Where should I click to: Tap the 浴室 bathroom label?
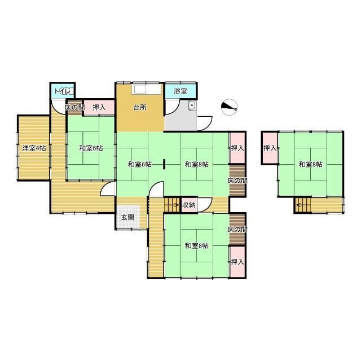click(180, 91)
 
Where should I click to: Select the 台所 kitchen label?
click(140, 107)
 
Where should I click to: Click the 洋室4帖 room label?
click(34, 148)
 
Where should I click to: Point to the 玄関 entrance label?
click(128, 217)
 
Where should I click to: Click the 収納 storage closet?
click(189, 205)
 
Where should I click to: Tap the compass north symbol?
click(230, 107)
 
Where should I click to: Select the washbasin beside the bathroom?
click(192, 105)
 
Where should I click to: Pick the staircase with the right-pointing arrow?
click(172, 205)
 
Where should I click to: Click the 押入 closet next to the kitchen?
click(99, 107)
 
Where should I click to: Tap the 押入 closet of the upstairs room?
click(270, 148)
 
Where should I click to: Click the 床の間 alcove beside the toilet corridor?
click(74, 107)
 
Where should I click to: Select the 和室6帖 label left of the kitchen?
click(91, 148)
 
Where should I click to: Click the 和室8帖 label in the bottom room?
click(197, 246)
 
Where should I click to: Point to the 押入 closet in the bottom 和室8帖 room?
click(237, 262)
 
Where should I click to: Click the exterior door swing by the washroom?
click(205, 124)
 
